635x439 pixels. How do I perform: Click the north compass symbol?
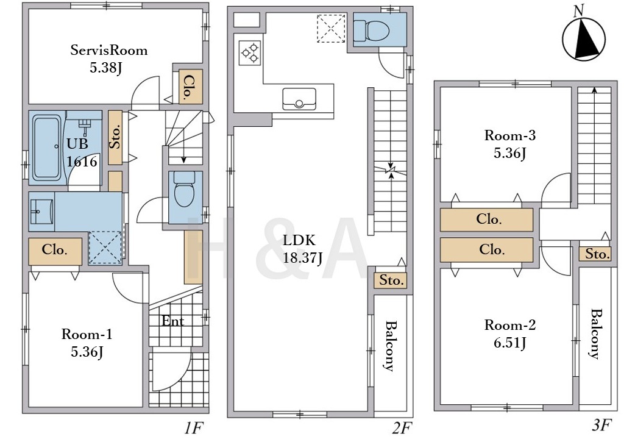click(583, 37)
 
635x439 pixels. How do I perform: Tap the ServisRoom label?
click(108, 50)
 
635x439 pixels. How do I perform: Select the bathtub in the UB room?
click(47, 148)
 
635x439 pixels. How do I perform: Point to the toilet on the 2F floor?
click(372, 30)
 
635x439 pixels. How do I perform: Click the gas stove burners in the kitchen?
click(250, 52)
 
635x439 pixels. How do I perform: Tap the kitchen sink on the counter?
click(299, 99)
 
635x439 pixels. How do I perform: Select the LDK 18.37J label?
click(302, 249)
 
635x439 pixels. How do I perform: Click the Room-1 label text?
click(87, 334)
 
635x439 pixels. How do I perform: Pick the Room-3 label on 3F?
click(510, 135)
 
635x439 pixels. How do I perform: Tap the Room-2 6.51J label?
click(510, 334)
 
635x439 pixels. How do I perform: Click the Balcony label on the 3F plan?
click(595, 334)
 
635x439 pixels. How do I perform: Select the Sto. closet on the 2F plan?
click(391, 280)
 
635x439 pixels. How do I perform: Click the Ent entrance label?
click(173, 321)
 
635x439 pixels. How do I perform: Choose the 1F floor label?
click(193, 426)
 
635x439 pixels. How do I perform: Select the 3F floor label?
click(601, 425)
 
